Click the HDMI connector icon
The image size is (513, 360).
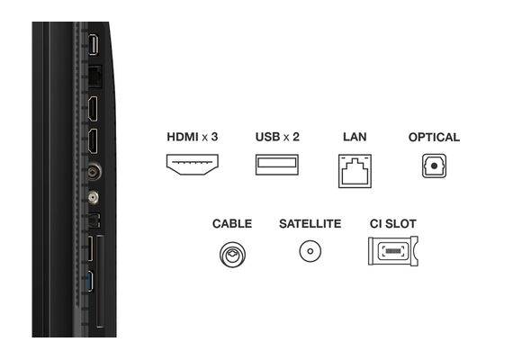click(x=193, y=165)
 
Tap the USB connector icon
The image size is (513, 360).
click(x=277, y=165)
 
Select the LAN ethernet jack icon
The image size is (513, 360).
click(x=355, y=171)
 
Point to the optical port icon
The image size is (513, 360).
click(x=434, y=166)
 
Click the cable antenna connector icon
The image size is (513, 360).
click(x=232, y=255)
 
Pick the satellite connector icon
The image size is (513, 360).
click(x=310, y=251)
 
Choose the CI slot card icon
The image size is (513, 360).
click(x=393, y=251)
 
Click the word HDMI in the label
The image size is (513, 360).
click(x=183, y=137)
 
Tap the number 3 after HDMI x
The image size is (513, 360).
click(x=214, y=137)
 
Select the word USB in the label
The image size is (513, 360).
click(x=267, y=137)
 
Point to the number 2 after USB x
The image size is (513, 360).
click(x=296, y=137)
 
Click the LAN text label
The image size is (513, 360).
click(x=355, y=137)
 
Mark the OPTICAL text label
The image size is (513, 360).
click(x=434, y=137)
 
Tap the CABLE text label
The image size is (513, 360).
click(x=232, y=224)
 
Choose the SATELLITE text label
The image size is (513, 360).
click(x=310, y=224)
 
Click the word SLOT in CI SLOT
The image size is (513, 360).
click(x=400, y=224)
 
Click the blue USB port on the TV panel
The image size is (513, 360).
click(x=90, y=281)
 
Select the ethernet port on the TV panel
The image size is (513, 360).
click(x=94, y=76)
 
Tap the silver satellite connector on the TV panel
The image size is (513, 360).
click(x=94, y=198)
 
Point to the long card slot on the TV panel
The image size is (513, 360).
click(x=101, y=281)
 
